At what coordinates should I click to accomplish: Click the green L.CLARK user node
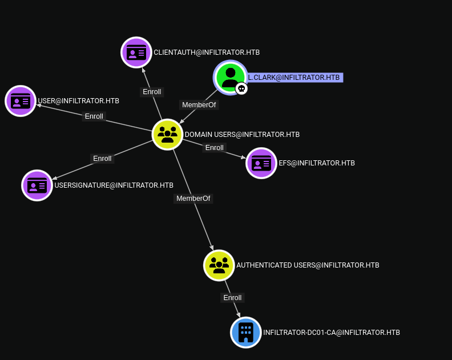[230, 76]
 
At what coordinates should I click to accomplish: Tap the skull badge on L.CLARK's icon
[241, 88]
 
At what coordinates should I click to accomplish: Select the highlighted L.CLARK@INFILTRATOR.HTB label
[294, 78]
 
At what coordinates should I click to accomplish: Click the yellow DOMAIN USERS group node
[167, 135]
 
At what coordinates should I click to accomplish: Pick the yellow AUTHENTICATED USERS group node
[219, 265]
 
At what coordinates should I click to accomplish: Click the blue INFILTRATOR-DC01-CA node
[246, 332]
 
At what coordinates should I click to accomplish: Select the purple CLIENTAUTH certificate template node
[136, 52]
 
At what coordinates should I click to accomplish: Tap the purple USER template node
[21, 101]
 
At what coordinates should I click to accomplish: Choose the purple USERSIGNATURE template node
[37, 185]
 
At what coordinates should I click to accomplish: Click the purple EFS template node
[261, 163]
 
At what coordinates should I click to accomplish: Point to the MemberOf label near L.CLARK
[199, 105]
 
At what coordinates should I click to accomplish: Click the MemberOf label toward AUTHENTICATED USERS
[193, 199]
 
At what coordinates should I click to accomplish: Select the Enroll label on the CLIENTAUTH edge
[152, 92]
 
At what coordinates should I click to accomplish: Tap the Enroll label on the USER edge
[94, 116]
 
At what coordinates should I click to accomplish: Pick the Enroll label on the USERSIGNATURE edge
[102, 159]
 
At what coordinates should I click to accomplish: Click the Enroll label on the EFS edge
[215, 148]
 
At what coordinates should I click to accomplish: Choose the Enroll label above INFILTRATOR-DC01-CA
[232, 298]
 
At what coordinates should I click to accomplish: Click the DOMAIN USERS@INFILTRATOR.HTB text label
[242, 135]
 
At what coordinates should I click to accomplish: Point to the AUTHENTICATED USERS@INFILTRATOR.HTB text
[308, 265]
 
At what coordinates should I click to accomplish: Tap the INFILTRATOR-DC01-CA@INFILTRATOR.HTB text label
[331, 332]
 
